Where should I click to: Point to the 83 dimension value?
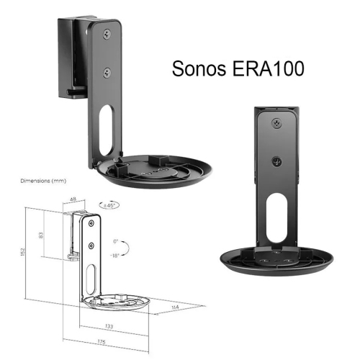click(42, 235)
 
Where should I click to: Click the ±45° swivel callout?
click(112, 205)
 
